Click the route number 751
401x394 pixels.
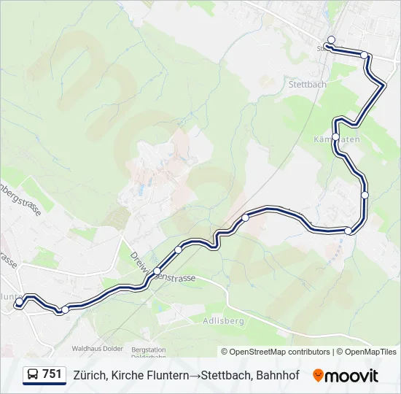click(52, 374)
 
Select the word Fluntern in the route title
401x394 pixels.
click(162, 375)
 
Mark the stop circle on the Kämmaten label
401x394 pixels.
click(336, 137)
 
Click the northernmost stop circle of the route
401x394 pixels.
click(332, 40)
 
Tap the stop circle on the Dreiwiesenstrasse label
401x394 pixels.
click(157, 271)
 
